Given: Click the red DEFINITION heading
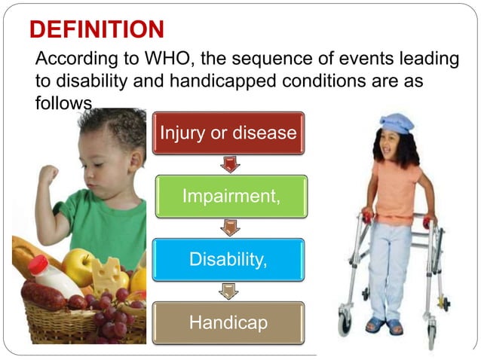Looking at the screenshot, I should (97, 29).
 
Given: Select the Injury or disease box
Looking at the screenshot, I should (228, 133).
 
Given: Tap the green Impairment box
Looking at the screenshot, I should (231, 197).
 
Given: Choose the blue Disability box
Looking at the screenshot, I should (228, 260).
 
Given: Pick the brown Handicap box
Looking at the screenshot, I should (227, 322).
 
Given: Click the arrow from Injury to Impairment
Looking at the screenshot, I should (228, 164).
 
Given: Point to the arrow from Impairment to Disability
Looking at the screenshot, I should (228, 227).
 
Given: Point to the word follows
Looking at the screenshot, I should (63, 102).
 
